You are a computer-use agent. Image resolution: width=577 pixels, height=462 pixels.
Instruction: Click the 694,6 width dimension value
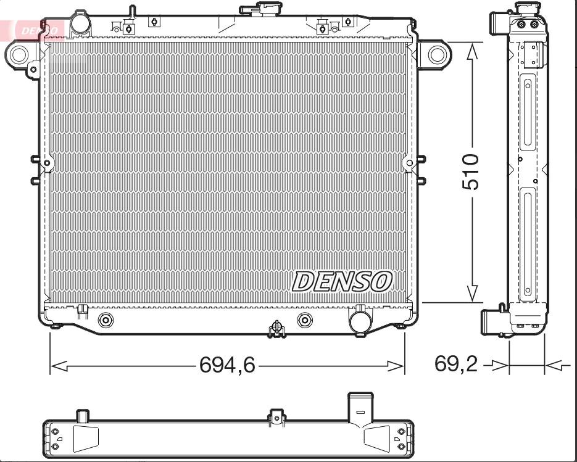click(227, 366)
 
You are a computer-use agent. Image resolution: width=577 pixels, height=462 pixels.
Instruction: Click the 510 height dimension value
click(471, 172)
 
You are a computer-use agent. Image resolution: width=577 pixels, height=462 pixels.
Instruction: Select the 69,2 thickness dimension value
click(456, 365)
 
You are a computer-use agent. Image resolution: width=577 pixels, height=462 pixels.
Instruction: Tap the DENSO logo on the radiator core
click(341, 282)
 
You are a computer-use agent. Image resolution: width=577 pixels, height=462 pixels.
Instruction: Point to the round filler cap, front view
click(80, 23)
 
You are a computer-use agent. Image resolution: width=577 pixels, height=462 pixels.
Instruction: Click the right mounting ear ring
click(437, 54)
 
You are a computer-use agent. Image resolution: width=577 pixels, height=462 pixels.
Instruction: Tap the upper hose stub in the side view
click(500, 23)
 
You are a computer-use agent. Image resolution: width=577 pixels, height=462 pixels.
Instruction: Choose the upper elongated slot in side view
click(528, 111)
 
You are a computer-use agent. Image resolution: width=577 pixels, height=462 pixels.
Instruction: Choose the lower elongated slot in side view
click(528, 244)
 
